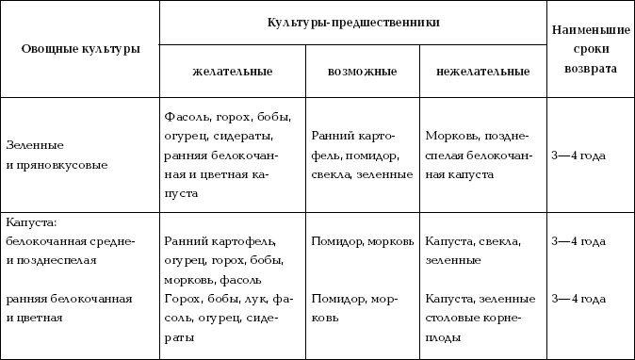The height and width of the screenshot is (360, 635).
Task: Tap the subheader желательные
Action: (x=232, y=71)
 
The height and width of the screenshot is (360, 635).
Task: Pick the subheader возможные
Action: (x=362, y=71)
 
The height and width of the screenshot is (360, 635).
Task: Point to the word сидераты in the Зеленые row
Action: (x=269, y=136)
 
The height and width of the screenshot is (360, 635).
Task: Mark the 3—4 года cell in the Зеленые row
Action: (x=578, y=155)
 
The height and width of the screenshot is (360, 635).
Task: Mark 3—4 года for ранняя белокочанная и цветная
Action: (x=578, y=299)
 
